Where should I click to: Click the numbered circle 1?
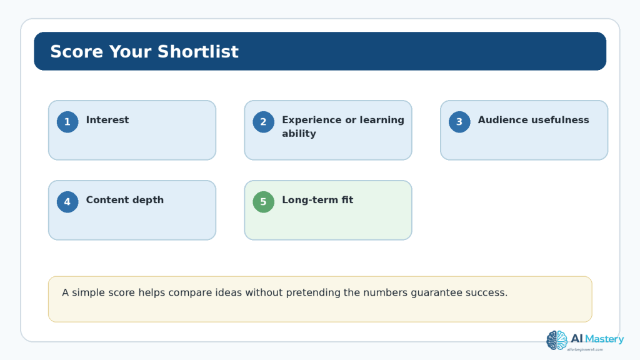click(x=67, y=122)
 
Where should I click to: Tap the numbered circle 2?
click(x=263, y=122)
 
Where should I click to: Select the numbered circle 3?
click(x=459, y=122)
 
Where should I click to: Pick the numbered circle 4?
click(x=67, y=202)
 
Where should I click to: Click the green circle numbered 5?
click(x=263, y=202)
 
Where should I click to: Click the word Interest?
click(x=107, y=120)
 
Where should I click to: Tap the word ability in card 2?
click(x=299, y=134)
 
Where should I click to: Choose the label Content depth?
click(x=124, y=200)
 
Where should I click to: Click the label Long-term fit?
click(x=317, y=200)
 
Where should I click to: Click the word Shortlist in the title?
click(x=197, y=52)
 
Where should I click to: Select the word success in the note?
click(x=486, y=293)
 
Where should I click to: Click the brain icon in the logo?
click(x=557, y=341)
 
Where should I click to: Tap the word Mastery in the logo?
click(x=604, y=339)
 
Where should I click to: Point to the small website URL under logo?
click(x=585, y=350)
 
